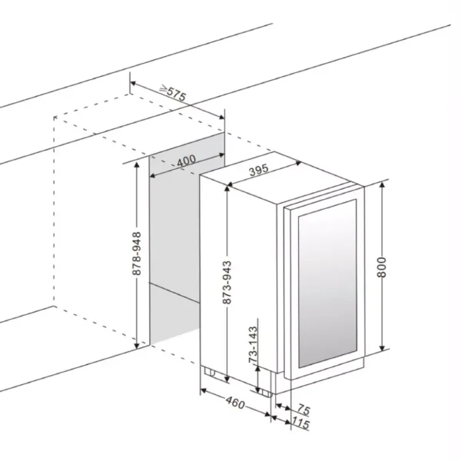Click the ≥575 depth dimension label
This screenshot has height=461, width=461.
point(173,93)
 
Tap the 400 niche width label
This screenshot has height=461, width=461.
point(187,161)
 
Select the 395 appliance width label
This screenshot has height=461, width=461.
point(259,170)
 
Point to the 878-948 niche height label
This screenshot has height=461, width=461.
point(137,254)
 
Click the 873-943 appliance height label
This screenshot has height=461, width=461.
point(227,282)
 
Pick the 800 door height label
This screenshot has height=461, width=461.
point(382,267)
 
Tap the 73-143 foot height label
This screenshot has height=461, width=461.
point(253,344)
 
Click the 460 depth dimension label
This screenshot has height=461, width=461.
point(235,403)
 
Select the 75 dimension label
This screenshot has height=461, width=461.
point(303,410)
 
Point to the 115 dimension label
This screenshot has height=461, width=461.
point(300,423)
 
